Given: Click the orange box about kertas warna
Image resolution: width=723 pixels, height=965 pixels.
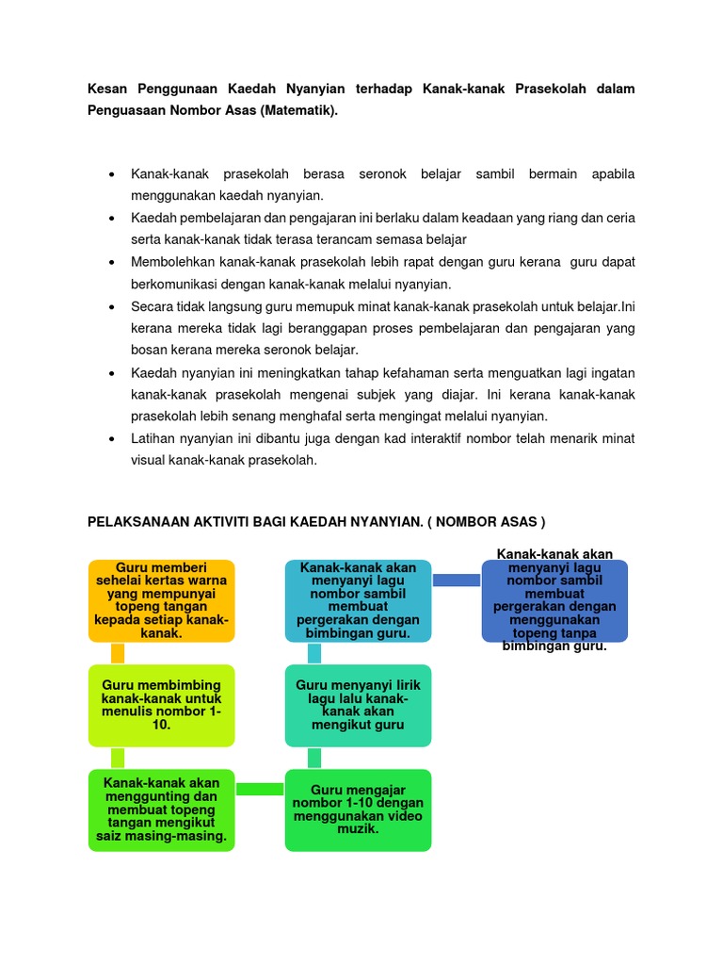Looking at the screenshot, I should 161,601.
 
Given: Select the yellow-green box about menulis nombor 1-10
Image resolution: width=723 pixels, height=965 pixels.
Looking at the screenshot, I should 161,705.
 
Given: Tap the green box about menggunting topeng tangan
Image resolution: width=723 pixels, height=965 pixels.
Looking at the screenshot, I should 161,810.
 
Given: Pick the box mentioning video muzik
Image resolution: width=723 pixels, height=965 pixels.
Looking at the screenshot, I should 358,810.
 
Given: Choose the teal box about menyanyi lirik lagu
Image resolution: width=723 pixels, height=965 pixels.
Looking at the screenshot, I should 358,705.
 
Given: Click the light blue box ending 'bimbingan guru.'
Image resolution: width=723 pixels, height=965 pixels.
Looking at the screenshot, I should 358,601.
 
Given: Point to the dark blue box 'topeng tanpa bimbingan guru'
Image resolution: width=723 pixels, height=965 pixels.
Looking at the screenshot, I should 554,601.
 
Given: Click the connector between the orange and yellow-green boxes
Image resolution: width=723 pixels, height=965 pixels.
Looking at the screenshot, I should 118,654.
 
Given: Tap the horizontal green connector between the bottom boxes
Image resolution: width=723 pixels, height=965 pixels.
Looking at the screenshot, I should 260,789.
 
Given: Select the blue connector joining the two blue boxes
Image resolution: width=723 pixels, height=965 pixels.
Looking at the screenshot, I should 457,580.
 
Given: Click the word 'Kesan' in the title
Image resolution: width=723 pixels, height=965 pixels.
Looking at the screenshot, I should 106,89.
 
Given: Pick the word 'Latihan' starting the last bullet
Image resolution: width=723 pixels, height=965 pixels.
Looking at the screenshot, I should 153,438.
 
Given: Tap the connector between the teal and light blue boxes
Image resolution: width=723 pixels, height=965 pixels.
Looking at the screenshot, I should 314,654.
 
